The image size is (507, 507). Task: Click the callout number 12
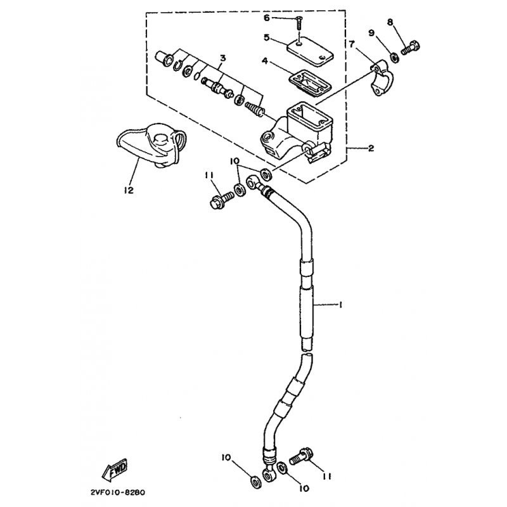129,190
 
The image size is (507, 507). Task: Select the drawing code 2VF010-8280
117,492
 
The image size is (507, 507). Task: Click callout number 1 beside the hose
340,305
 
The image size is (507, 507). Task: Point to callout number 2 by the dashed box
371,148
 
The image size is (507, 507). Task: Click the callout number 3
223,58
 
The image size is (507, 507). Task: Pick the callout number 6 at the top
266,18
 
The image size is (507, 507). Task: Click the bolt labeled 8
411,49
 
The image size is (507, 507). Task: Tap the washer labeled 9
394,58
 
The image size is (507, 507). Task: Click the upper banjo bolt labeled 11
222,200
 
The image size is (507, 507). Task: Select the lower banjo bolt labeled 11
301,456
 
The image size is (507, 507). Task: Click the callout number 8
390,22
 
